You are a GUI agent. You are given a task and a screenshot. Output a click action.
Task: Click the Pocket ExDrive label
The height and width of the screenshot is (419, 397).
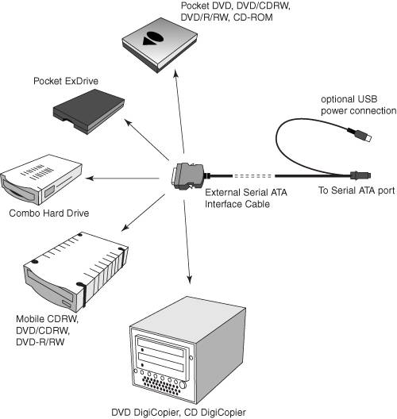(x=66, y=81)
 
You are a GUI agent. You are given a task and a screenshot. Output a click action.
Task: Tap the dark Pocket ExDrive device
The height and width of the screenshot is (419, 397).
(x=89, y=111)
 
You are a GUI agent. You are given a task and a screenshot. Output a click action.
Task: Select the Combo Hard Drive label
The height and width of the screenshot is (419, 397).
(x=49, y=213)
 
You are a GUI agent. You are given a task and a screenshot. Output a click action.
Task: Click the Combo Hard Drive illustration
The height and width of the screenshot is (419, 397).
(x=41, y=179)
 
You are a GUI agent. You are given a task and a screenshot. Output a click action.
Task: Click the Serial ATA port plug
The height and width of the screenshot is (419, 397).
(x=360, y=175)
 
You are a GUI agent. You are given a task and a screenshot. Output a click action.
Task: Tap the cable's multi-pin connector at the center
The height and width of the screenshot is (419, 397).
(x=187, y=176)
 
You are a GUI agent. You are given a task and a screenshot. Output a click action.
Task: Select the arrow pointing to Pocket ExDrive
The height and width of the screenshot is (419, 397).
(x=147, y=140)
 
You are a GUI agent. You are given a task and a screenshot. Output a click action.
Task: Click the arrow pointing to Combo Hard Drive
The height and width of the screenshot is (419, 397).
(x=122, y=178)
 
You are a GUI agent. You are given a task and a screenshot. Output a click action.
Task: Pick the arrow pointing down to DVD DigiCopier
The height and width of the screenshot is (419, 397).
(x=187, y=241)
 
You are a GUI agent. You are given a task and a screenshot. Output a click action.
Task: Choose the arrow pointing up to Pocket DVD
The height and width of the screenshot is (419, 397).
(x=179, y=111)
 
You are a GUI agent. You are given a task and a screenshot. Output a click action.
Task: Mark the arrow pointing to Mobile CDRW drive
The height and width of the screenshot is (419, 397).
(x=143, y=213)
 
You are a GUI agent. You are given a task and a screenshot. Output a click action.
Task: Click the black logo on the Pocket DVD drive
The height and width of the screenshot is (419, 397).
(x=152, y=38)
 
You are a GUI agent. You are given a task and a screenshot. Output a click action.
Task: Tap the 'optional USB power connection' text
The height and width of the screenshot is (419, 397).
(x=359, y=105)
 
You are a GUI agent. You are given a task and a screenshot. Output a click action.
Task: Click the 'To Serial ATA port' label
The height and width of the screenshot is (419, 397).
(x=357, y=190)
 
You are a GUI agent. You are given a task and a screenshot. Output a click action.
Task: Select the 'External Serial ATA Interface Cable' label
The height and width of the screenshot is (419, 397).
(x=246, y=198)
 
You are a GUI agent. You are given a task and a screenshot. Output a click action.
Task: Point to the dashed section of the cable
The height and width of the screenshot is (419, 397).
(x=253, y=176)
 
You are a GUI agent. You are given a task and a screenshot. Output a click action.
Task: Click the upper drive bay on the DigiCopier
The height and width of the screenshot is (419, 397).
(x=160, y=347)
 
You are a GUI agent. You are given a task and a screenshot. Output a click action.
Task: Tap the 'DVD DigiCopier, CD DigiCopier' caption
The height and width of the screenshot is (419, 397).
(x=179, y=413)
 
